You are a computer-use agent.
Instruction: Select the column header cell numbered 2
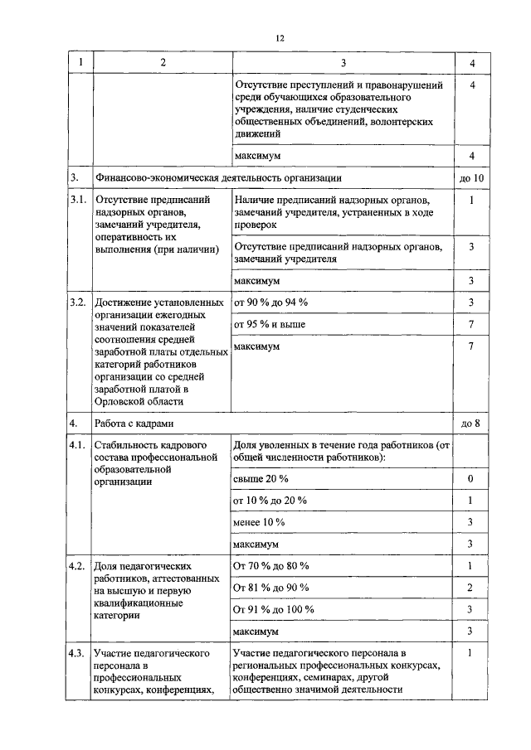(x=162, y=63)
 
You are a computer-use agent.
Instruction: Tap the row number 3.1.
(x=79, y=200)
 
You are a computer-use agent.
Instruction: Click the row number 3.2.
(x=79, y=302)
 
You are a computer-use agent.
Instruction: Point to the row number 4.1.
(x=79, y=447)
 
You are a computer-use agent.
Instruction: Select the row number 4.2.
(x=79, y=566)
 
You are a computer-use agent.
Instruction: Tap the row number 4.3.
(x=79, y=655)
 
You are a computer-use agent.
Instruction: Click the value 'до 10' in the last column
(x=470, y=178)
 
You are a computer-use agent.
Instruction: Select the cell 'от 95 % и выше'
(x=270, y=324)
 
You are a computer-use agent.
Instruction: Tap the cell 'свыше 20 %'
(x=261, y=479)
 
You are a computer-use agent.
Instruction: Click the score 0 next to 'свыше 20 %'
(x=470, y=479)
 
